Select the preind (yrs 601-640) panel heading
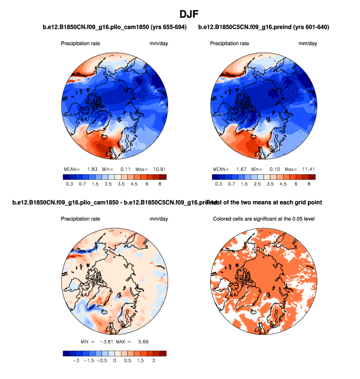click(x=264, y=27)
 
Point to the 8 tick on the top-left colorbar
click(x=159, y=185)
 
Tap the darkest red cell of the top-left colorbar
click(x=163, y=177)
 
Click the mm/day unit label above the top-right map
click(x=308, y=44)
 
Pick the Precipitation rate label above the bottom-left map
click(x=81, y=219)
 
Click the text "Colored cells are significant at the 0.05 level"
click(x=264, y=219)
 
